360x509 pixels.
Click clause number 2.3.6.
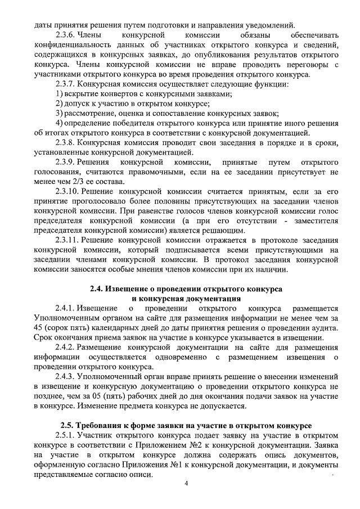[x=66, y=34]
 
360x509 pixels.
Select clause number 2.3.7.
[x=66, y=84]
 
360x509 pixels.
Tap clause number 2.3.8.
[x=66, y=142]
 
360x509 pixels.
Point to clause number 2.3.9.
[x=66, y=162]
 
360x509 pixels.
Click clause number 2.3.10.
[x=68, y=191]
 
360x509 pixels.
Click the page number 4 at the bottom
[x=186, y=484]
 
